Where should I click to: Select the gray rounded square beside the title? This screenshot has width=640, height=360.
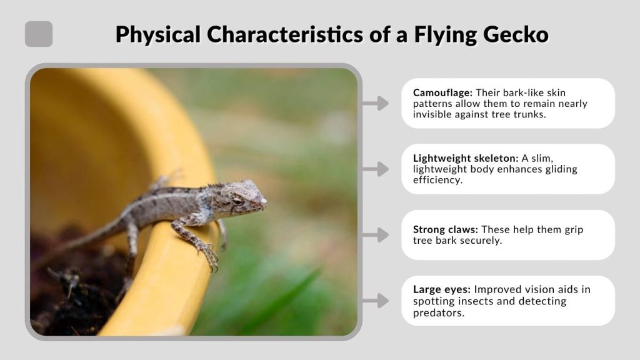pyautogui.click(x=39, y=34)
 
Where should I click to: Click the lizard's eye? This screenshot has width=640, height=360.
pyautogui.click(x=237, y=200)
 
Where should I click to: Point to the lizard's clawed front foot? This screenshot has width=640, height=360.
pyautogui.click(x=209, y=255)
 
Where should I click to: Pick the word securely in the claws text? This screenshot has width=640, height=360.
pyautogui.click(x=481, y=241)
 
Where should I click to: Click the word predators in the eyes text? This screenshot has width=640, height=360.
pyautogui.click(x=438, y=312)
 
